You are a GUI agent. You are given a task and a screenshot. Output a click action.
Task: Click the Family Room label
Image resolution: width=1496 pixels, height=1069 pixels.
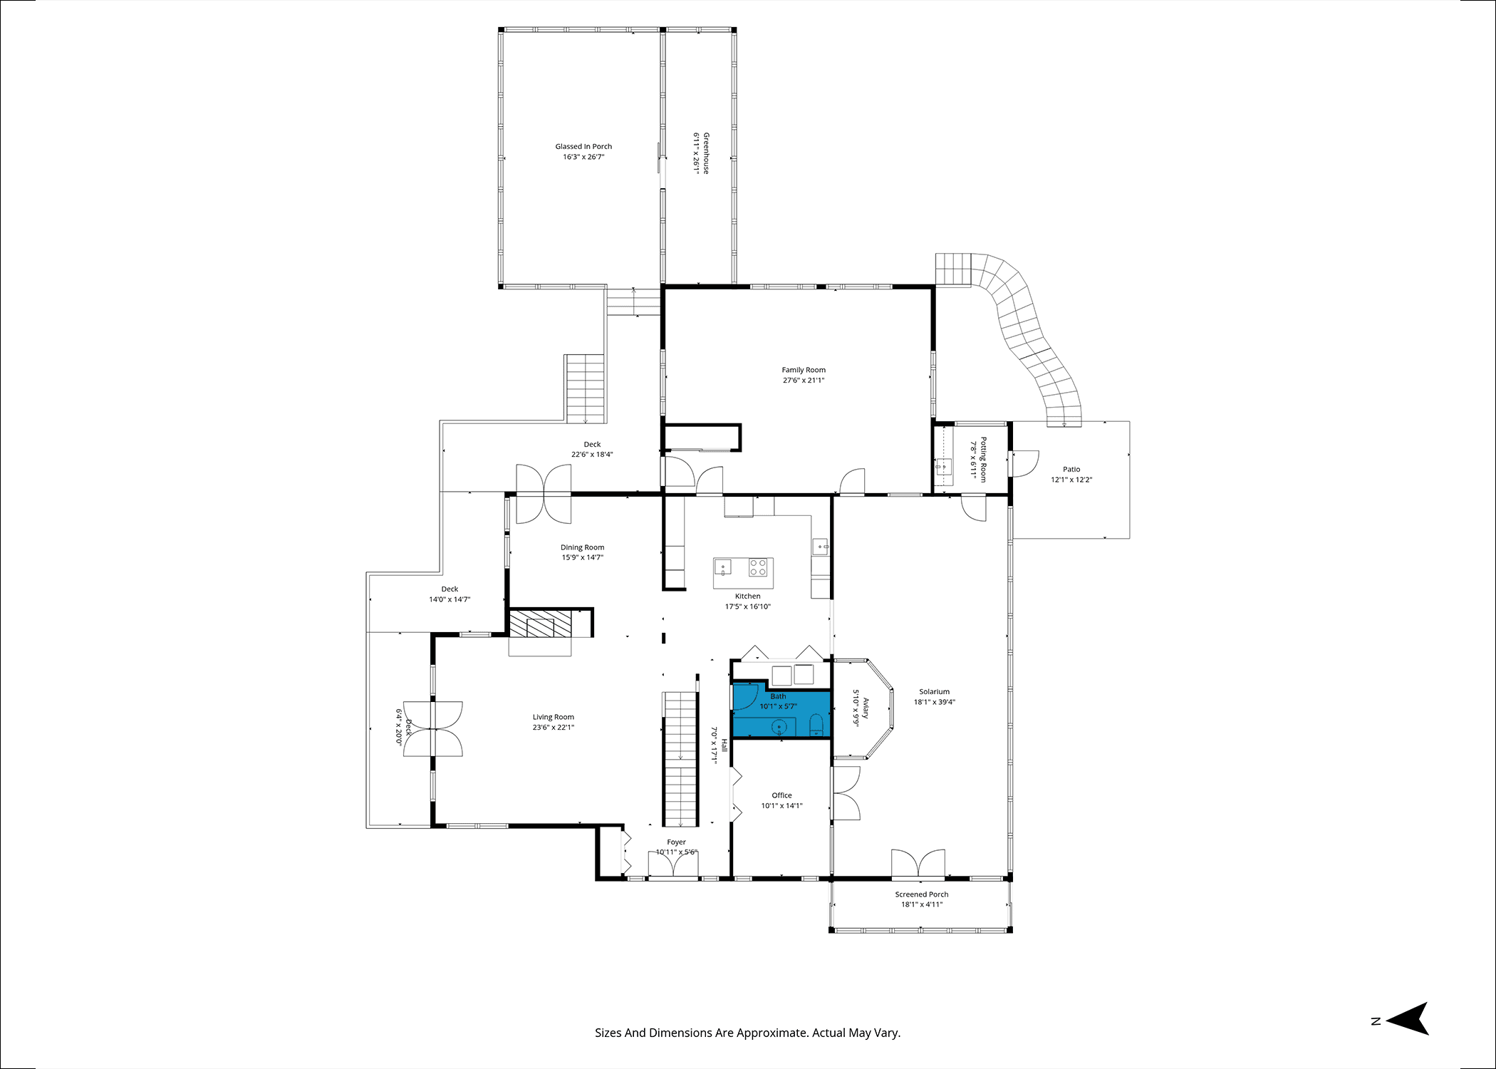[804, 370]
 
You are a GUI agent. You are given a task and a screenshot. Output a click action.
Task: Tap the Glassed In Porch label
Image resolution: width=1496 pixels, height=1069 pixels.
[583, 147]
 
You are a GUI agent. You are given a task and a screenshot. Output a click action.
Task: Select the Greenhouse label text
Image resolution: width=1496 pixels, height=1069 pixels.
[706, 153]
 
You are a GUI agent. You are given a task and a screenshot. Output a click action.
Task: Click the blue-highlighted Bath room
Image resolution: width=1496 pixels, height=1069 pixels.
[781, 713]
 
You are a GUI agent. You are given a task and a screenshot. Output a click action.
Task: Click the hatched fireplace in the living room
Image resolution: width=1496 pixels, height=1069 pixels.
[541, 624]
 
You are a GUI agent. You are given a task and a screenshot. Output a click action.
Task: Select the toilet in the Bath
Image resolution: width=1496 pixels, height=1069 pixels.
[816, 725]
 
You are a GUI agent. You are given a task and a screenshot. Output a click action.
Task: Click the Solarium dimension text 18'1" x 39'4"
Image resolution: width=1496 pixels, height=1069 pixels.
[934, 702]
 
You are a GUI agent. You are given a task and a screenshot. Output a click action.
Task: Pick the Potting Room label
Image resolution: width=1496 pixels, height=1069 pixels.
[983, 460]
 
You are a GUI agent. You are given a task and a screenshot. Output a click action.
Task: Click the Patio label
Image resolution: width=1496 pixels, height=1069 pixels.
[1071, 470]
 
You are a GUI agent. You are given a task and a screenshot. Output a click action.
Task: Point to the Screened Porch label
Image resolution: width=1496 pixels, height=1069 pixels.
[922, 894]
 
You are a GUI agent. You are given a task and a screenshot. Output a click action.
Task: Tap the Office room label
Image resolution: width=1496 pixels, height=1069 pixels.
[781, 795]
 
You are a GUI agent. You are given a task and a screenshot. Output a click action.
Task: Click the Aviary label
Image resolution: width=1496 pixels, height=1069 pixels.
[866, 708]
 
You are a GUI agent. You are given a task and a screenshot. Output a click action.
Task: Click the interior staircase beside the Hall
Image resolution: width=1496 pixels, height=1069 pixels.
[680, 759]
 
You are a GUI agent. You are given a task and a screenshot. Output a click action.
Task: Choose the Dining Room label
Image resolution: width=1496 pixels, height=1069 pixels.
[582, 547]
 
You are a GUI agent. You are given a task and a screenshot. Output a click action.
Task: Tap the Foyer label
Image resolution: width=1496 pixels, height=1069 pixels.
[676, 842]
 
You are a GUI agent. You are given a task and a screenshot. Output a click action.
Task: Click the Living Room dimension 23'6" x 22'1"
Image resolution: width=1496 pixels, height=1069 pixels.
[553, 728]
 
